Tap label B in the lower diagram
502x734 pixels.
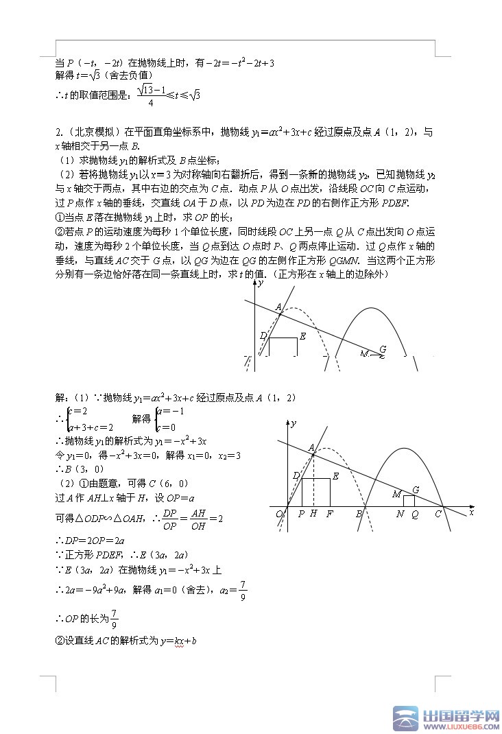(359, 514)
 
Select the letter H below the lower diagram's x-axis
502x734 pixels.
(313, 514)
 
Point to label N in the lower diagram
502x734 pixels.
(401, 514)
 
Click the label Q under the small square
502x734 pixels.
(414, 514)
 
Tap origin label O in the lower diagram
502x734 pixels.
(279, 514)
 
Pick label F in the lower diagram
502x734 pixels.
(330, 514)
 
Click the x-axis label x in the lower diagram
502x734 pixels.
(472, 512)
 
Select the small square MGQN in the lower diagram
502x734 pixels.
(409, 501)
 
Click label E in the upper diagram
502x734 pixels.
(302, 335)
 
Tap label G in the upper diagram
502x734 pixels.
(382, 349)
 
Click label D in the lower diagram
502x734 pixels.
(296, 475)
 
